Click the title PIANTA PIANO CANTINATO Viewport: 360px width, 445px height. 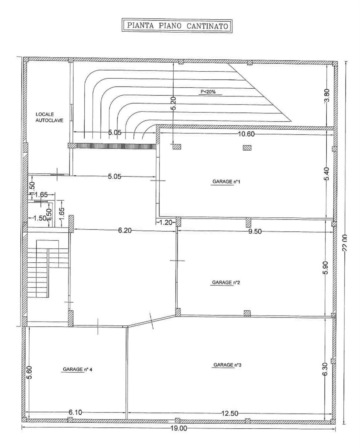coord(177,26)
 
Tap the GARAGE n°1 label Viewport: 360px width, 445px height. coord(226,181)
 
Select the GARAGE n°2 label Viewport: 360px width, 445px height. coord(226,282)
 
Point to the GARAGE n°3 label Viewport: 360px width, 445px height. coord(227,365)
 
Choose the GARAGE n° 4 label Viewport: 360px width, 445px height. coord(77,369)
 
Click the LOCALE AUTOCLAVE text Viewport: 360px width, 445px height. coord(49,117)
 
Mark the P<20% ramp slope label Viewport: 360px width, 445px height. coord(208,91)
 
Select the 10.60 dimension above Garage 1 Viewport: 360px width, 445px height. coord(246,134)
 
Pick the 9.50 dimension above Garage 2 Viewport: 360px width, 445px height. coord(255,231)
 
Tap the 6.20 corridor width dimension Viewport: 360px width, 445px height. coord(125,231)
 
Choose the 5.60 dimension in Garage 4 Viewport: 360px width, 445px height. coord(30,372)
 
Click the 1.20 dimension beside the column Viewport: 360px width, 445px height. coord(166,222)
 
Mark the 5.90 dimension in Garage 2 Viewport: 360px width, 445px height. coord(326,268)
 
